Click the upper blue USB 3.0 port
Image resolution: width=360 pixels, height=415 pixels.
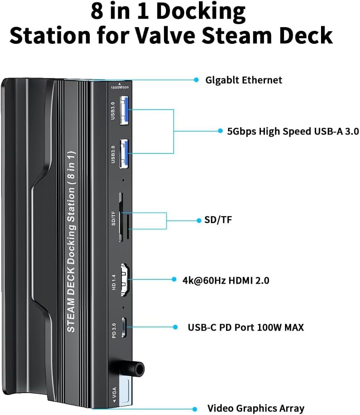pyautogui.click(x=124, y=110)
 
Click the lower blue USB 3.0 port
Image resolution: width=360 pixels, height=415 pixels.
pyautogui.click(x=124, y=154)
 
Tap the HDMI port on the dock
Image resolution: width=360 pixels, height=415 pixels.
pyautogui.click(x=125, y=280)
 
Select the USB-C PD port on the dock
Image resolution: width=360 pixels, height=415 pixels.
pyautogui.click(x=124, y=327)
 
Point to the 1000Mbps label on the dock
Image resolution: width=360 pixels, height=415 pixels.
pyautogui.click(x=120, y=87)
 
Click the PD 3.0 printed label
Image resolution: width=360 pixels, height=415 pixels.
pyautogui.click(x=114, y=331)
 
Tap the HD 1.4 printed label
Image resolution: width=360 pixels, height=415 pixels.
pyautogui.click(x=114, y=282)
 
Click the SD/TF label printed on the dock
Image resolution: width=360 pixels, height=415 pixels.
pyautogui.click(x=114, y=218)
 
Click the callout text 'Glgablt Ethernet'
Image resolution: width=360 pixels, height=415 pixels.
pyautogui.click(x=244, y=80)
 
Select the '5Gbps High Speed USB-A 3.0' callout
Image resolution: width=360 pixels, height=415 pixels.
pyautogui.click(x=293, y=131)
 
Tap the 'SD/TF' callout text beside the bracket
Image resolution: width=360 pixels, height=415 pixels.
pyautogui.click(x=218, y=220)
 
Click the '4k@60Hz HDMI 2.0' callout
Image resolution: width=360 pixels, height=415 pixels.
pyautogui.click(x=226, y=280)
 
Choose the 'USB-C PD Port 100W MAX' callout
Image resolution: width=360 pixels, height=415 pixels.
pyautogui.click(x=246, y=327)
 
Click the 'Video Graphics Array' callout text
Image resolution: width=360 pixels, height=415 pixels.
pyautogui.click(x=256, y=408)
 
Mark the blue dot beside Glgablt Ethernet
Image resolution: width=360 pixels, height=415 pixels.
pyautogui.click(x=196, y=80)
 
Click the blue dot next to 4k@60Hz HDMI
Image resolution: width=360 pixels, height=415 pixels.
pyautogui.click(x=174, y=279)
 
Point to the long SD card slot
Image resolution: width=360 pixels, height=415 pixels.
pyautogui.click(x=121, y=217)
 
